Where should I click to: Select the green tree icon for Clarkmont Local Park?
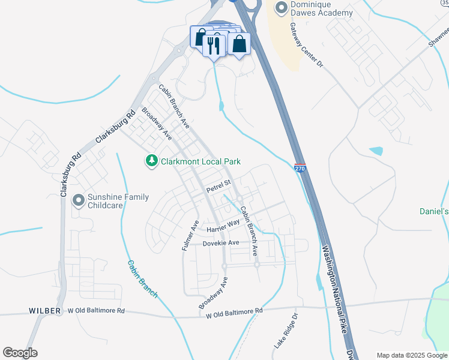[x=152, y=161]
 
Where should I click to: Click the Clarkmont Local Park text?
[x=200, y=161]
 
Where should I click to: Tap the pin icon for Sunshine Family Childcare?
[x=77, y=200]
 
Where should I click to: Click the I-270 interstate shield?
[x=300, y=169]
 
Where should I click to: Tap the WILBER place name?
[x=45, y=311]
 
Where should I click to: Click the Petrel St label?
[x=218, y=186]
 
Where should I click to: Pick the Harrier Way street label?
[x=223, y=226]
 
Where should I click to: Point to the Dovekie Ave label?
[x=221, y=243]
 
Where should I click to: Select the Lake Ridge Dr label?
[x=286, y=331]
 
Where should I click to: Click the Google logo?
[x=20, y=353]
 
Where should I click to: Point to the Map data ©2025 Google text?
[x=411, y=355]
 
